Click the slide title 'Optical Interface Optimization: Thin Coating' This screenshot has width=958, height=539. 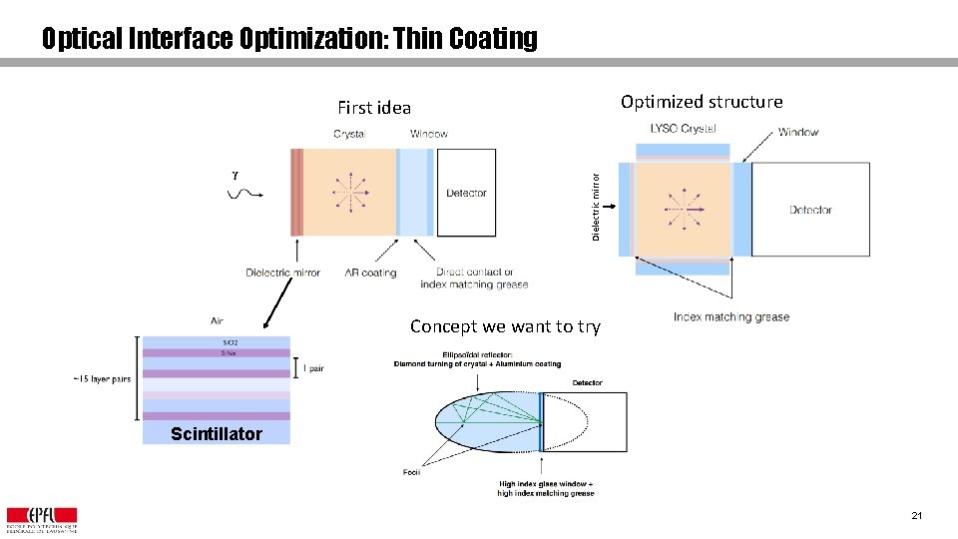[289, 39]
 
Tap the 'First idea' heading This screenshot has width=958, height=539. [374, 108]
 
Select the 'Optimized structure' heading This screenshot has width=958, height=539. [702, 102]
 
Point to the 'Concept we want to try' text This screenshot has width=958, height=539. [505, 326]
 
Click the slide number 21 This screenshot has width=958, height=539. [916, 516]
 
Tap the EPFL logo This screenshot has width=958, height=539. [42, 519]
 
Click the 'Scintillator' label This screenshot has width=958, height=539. [216, 433]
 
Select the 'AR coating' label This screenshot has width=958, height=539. [370, 272]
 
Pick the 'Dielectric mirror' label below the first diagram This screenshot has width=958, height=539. [283, 272]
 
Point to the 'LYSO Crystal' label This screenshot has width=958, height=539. [683, 129]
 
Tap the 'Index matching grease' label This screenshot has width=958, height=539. [730, 317]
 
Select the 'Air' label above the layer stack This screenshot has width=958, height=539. [217, 321]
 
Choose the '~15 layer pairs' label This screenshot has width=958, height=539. [102, 379]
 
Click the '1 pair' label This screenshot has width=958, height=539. [312, 368]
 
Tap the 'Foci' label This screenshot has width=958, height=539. [412, 472]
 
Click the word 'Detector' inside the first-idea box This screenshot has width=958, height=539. [466, 193]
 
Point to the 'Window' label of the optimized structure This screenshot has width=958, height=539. [798, 132]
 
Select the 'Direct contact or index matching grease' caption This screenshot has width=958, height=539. [474, 278]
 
